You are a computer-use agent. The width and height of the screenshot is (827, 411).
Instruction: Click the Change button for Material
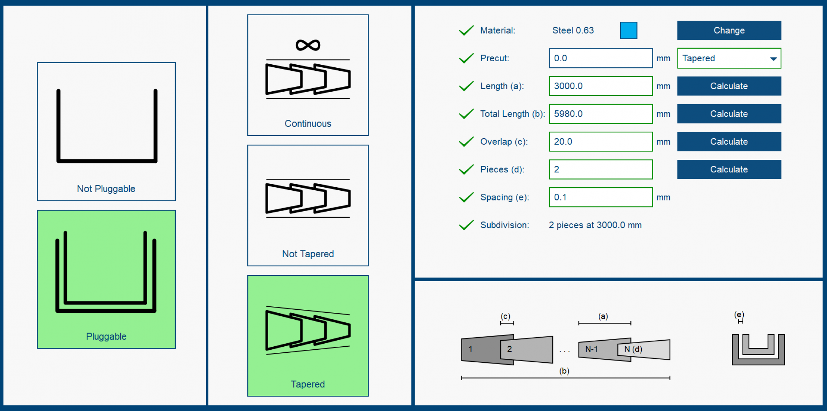[x=729, y=30]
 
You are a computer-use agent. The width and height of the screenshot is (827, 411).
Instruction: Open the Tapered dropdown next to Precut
[x=729, y=58]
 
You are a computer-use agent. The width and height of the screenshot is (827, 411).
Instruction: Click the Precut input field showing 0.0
[x=600, y=58]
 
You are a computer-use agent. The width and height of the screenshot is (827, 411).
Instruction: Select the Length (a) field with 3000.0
[x=600, y=86]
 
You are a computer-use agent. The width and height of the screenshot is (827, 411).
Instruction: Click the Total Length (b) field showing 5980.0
[x=600, y=114]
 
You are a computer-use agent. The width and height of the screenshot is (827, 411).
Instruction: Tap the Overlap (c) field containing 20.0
[x=600, y=142]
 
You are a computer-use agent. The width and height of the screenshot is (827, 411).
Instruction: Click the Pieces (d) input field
[x=600, y=169]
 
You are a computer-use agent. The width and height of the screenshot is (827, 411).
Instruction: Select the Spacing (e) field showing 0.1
[x=600, y=197]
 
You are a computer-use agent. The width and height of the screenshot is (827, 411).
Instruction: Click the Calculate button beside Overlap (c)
[x=729, y=142]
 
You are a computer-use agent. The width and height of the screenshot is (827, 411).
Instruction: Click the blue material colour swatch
[x=628, y=30]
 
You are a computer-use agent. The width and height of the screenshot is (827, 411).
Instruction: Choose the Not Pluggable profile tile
[x=106, y=131]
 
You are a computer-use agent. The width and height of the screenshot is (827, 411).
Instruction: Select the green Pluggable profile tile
[x=106, y=279]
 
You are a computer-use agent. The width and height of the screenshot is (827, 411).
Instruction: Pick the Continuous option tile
[x=308, y=75]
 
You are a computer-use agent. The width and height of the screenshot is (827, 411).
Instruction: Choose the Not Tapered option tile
[x=308, y=205]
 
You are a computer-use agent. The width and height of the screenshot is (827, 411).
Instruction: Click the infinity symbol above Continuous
[x=308, y=45]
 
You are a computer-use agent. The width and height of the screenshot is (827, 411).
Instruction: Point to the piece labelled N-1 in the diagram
[x=593, y=349]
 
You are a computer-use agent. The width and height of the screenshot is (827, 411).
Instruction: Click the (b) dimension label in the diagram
[x=564, y=371]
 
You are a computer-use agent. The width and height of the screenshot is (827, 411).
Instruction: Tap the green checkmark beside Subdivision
[x=466, y=225]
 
